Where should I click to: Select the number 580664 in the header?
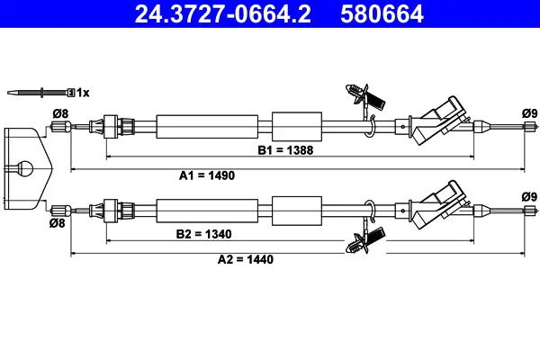click(x=377, y=14)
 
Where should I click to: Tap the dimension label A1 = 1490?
click(x=207, y=175)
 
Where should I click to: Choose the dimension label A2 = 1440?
click(x=246, y=259)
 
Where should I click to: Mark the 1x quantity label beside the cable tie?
click(x=82, y=92)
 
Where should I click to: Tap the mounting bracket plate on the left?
click(x=25, y=157)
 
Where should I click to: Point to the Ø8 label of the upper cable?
click(x=60, y=112)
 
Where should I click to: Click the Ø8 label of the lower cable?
click(x=57, y=222)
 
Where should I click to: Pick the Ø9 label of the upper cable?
click(x=529, y=112)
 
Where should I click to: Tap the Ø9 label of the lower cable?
click(x=529, y=197)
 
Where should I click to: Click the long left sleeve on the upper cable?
click(x=207, y=126)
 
